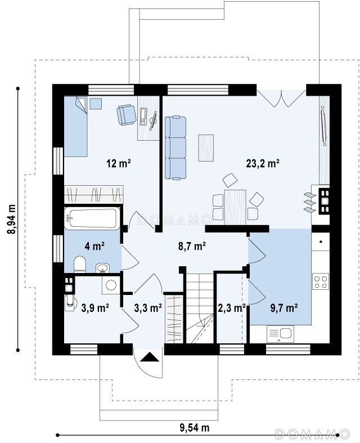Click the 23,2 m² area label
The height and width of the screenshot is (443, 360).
click(x=262, y=163)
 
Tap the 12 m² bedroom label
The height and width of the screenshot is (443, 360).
click(x=118, y=163)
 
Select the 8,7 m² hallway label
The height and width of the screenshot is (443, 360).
click(x=191, y=246)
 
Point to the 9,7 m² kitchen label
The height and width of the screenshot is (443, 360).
click(x=283, y=307)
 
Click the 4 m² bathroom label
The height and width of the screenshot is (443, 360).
click(x=94, y=246)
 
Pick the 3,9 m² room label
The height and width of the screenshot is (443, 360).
click(x=95, y=308)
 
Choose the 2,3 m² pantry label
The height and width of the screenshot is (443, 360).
click(x=231, y=308)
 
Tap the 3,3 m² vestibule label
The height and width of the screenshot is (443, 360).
click(x=148, y=308)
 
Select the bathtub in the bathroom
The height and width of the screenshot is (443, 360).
click(x=92, y=218)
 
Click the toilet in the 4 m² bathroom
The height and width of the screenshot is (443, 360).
click(x=80, y=264)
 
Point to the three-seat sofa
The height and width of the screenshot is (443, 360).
click(x=175, y=148)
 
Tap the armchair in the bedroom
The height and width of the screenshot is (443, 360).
click(x=127, y=114)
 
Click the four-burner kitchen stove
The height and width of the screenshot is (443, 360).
click(x=321, y=281)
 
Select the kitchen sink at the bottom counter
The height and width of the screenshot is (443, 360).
click(x=280, y=334)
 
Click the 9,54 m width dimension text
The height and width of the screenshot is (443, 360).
click(x=195, y=427)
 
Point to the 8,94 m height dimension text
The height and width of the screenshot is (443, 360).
click(x=12, y=219)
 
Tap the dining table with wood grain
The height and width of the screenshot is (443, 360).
click(x=235, y=207)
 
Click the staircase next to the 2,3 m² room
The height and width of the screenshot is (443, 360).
click(x=200, y=308)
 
